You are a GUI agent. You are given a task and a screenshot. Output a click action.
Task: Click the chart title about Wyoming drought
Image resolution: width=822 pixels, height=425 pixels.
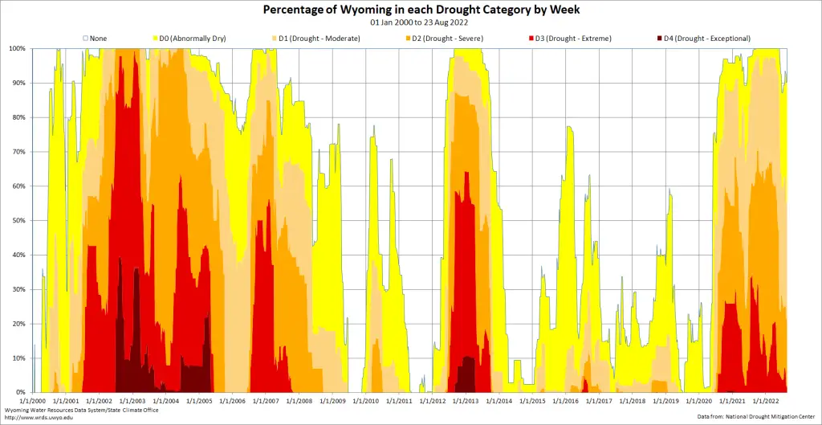(x=410, y=10)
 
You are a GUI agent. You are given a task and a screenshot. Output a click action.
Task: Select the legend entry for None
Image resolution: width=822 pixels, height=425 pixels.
(x=95, y=38)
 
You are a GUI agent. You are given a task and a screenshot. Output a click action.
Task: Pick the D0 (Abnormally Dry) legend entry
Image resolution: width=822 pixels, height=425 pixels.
(x=192, y=38)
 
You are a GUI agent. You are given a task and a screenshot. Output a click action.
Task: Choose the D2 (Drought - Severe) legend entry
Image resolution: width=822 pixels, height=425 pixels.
(x=446, y=38)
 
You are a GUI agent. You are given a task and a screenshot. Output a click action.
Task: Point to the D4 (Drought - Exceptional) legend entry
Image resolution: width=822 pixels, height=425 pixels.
(x=703, y=38)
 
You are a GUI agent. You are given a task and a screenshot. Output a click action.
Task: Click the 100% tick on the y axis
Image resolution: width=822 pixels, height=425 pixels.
(x=18, y=48)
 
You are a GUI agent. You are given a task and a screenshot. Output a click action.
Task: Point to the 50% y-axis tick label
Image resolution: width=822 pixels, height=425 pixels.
(x=19, y=220)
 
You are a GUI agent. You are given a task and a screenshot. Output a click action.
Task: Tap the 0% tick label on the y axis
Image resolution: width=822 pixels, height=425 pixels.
(x=22, y=392)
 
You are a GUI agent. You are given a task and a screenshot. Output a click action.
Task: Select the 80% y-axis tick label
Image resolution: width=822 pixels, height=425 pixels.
(x=19, y=117)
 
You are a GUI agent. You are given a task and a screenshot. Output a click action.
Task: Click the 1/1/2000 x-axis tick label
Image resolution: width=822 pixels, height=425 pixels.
(x=31, y=400)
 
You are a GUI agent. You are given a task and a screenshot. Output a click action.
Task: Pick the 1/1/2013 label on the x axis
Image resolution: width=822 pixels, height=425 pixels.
(x=466, y=400)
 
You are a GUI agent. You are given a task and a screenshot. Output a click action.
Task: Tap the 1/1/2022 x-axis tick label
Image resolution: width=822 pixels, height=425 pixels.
(x=766, y=400)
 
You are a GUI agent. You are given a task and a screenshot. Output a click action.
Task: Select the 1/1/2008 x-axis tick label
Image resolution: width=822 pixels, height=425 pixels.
(x=299, y=400)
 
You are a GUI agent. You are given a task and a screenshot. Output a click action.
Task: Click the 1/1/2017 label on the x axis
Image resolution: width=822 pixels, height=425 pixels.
(x=599, y=400)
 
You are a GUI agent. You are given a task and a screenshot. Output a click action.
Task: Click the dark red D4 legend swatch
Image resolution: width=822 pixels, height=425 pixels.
(x=660, y=38)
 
